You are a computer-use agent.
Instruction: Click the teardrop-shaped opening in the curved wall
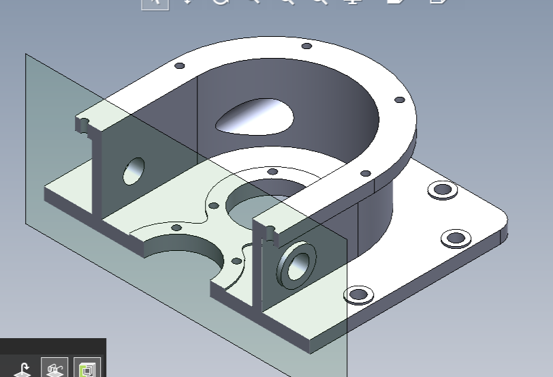[255, 117]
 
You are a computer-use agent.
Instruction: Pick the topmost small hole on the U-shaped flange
[306, 46]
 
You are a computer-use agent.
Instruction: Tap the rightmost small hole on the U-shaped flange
[400, 100]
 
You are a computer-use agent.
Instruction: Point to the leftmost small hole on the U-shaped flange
[180, 66]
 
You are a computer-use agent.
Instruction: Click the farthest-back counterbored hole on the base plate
[443, 189]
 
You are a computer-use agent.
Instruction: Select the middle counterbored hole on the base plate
[454, 239]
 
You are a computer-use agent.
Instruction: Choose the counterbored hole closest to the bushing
[358, 295]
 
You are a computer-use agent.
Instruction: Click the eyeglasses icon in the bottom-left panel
[54, 369]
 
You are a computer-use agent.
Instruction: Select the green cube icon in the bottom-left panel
[87, 369]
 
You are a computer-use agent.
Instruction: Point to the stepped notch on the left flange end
[84, 125]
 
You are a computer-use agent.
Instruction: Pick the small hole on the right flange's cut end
[270, 230]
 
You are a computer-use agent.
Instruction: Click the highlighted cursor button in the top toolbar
[155, 3]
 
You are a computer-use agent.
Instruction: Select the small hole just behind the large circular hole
[272, 171]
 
